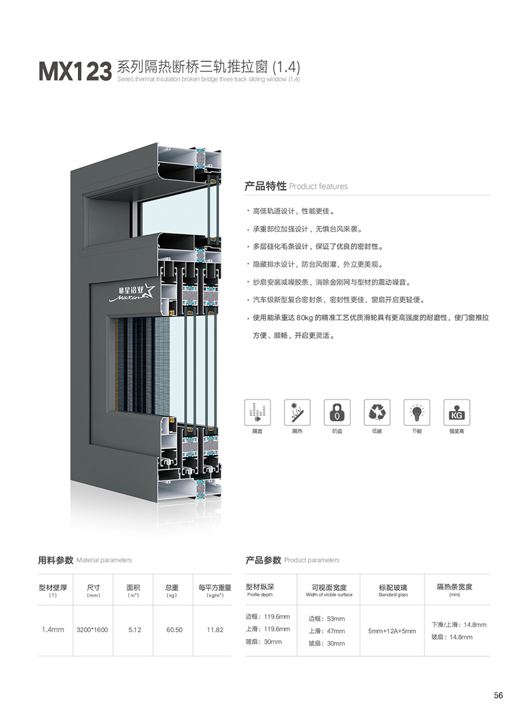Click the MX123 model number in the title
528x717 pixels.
pyautogui.click(x=75, y=71)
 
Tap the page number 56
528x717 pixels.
pyautogui.click(x=498, y=695)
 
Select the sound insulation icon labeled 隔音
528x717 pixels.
pyautogui.click(x=257, y=412)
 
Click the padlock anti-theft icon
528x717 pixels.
pyautogui.click(x=337, y=412)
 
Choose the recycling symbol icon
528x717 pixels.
pyautogui.click(x=377, y=412)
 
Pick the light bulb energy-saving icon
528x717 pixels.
pyautogui.click(x=416, y=412)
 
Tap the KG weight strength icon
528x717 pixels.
pyautogui.click(x=457, y=412)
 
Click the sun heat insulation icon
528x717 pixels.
pyautogui.click(x=297, y=412)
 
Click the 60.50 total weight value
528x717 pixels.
pyautogui.click(x=174, y=630)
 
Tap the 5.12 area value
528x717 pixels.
pyautogui.click(x=135, y=630)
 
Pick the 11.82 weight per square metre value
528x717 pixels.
pyautogui.click(x=214, y=630)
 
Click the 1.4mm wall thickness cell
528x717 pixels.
pyautogui.click(x=53, y=630)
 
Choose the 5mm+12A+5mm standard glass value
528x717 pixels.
pyautogui.click(x=392, y=631)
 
